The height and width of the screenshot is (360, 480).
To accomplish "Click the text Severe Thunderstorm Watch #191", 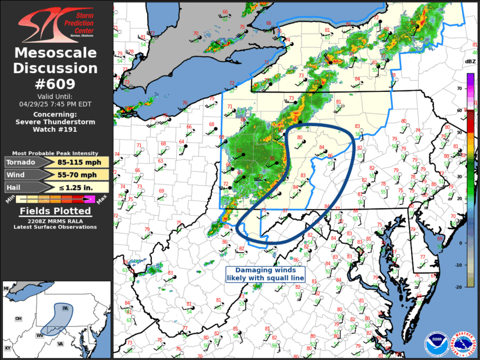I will point(56,122).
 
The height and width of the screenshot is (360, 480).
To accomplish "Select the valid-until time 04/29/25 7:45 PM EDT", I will point(56,103).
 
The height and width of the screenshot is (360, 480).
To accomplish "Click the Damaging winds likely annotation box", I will point(261,273).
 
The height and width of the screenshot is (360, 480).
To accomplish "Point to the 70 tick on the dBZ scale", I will point(460,88).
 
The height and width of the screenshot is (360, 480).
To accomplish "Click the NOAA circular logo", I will point(436,343).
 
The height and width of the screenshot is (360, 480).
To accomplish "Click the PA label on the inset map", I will point(65,309).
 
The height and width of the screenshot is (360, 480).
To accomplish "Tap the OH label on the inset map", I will point(18,319).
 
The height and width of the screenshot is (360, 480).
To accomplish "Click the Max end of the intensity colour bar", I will point(101,202).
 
